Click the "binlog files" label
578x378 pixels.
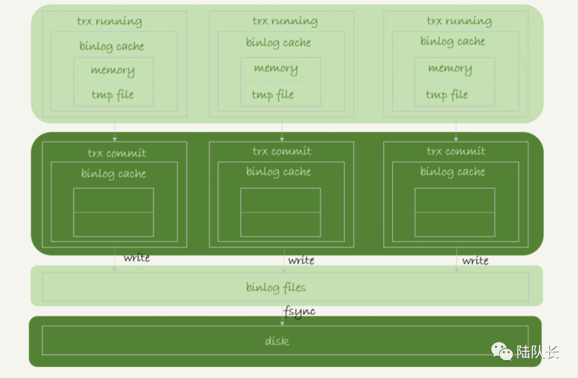276,288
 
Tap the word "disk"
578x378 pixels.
277,341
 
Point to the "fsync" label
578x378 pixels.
299,311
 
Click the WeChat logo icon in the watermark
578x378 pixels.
502,351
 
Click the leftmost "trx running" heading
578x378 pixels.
109,22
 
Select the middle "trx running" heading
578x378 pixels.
285,21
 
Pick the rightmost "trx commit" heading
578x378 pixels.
456,151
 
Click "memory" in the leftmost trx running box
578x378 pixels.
112,70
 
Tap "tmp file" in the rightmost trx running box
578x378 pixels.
447,95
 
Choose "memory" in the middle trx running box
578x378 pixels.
276,68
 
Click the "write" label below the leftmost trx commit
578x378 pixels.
136,258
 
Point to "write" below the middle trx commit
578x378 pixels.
301,260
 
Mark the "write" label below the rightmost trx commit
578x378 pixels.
475,260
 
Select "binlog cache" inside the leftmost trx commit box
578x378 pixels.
113,174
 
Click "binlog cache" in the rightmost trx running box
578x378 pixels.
453,42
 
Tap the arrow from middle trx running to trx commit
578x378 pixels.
282,129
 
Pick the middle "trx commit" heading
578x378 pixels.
282,151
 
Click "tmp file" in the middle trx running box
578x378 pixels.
272,95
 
